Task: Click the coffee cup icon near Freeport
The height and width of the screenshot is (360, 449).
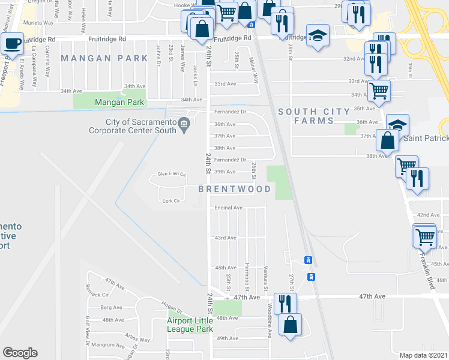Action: pyautogui.click(x=12, y=43)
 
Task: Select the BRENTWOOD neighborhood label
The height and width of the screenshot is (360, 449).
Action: pyautogui.click(x=235, y=189)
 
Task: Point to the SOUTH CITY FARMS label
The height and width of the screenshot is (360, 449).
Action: pyautogui.click(x=314, y=116)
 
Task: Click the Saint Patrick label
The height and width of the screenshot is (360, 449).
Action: pyautogui.click(x=426, y=139)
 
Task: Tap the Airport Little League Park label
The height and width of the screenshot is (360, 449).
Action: pyautogui.click(x=190, y=325)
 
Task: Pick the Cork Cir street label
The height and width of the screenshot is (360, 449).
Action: pyautogui.click(x=172, y=202)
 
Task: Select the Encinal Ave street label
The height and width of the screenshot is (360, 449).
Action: pyautogui.click(x=229, y=208)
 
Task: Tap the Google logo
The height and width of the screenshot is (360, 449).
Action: pyautogui.click(x=20, y=353)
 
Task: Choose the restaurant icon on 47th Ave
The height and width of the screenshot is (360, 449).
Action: pyautogui.click(x=285, y=302)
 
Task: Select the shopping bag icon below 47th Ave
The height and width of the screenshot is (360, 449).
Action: pyautogui.click(x=291, y=324)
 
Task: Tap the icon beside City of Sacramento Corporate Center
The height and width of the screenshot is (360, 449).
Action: pyautogui.click(x=185, y=125)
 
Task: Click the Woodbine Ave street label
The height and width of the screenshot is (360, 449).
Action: pyautogui.click(x=268, y=325)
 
